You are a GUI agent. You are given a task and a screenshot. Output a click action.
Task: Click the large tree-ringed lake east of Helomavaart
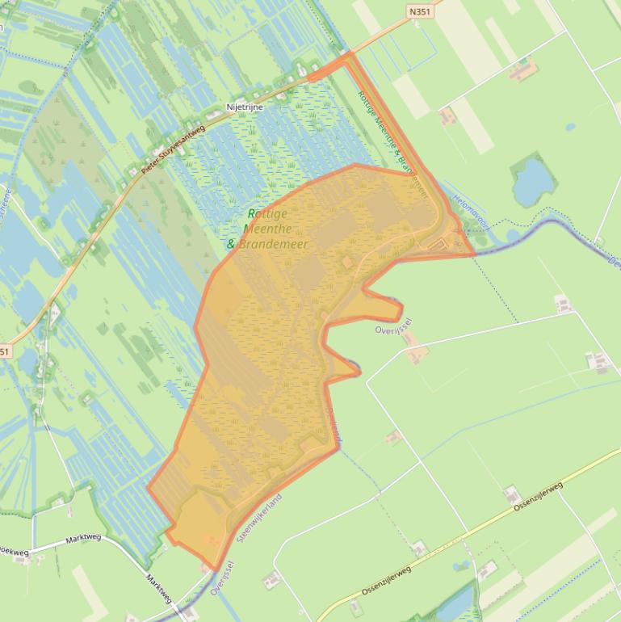coord(529,182)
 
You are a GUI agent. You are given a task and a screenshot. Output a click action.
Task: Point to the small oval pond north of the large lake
coord(571,127)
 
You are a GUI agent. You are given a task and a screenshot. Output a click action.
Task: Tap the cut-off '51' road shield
coord(5,351)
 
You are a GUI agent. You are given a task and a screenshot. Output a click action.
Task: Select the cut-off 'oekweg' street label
coord(14,553)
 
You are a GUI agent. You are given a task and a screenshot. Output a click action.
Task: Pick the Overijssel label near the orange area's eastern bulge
coord(394,330)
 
